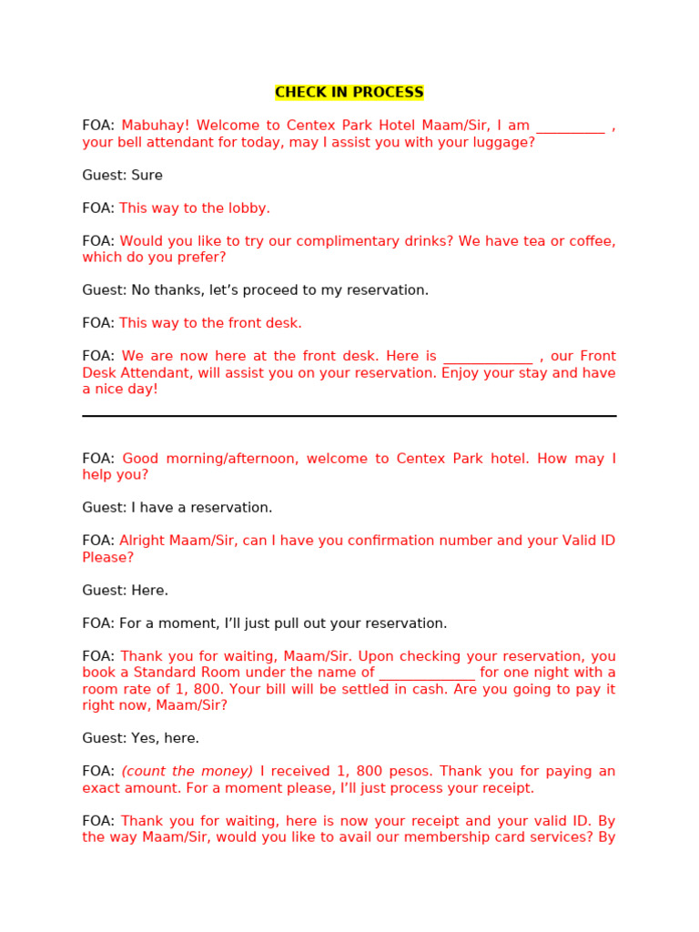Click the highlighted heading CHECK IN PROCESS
349,93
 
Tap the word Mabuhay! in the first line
155,127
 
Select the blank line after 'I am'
570,128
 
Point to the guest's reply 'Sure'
147,176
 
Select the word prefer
202,258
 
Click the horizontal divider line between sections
349,416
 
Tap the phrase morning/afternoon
229,459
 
